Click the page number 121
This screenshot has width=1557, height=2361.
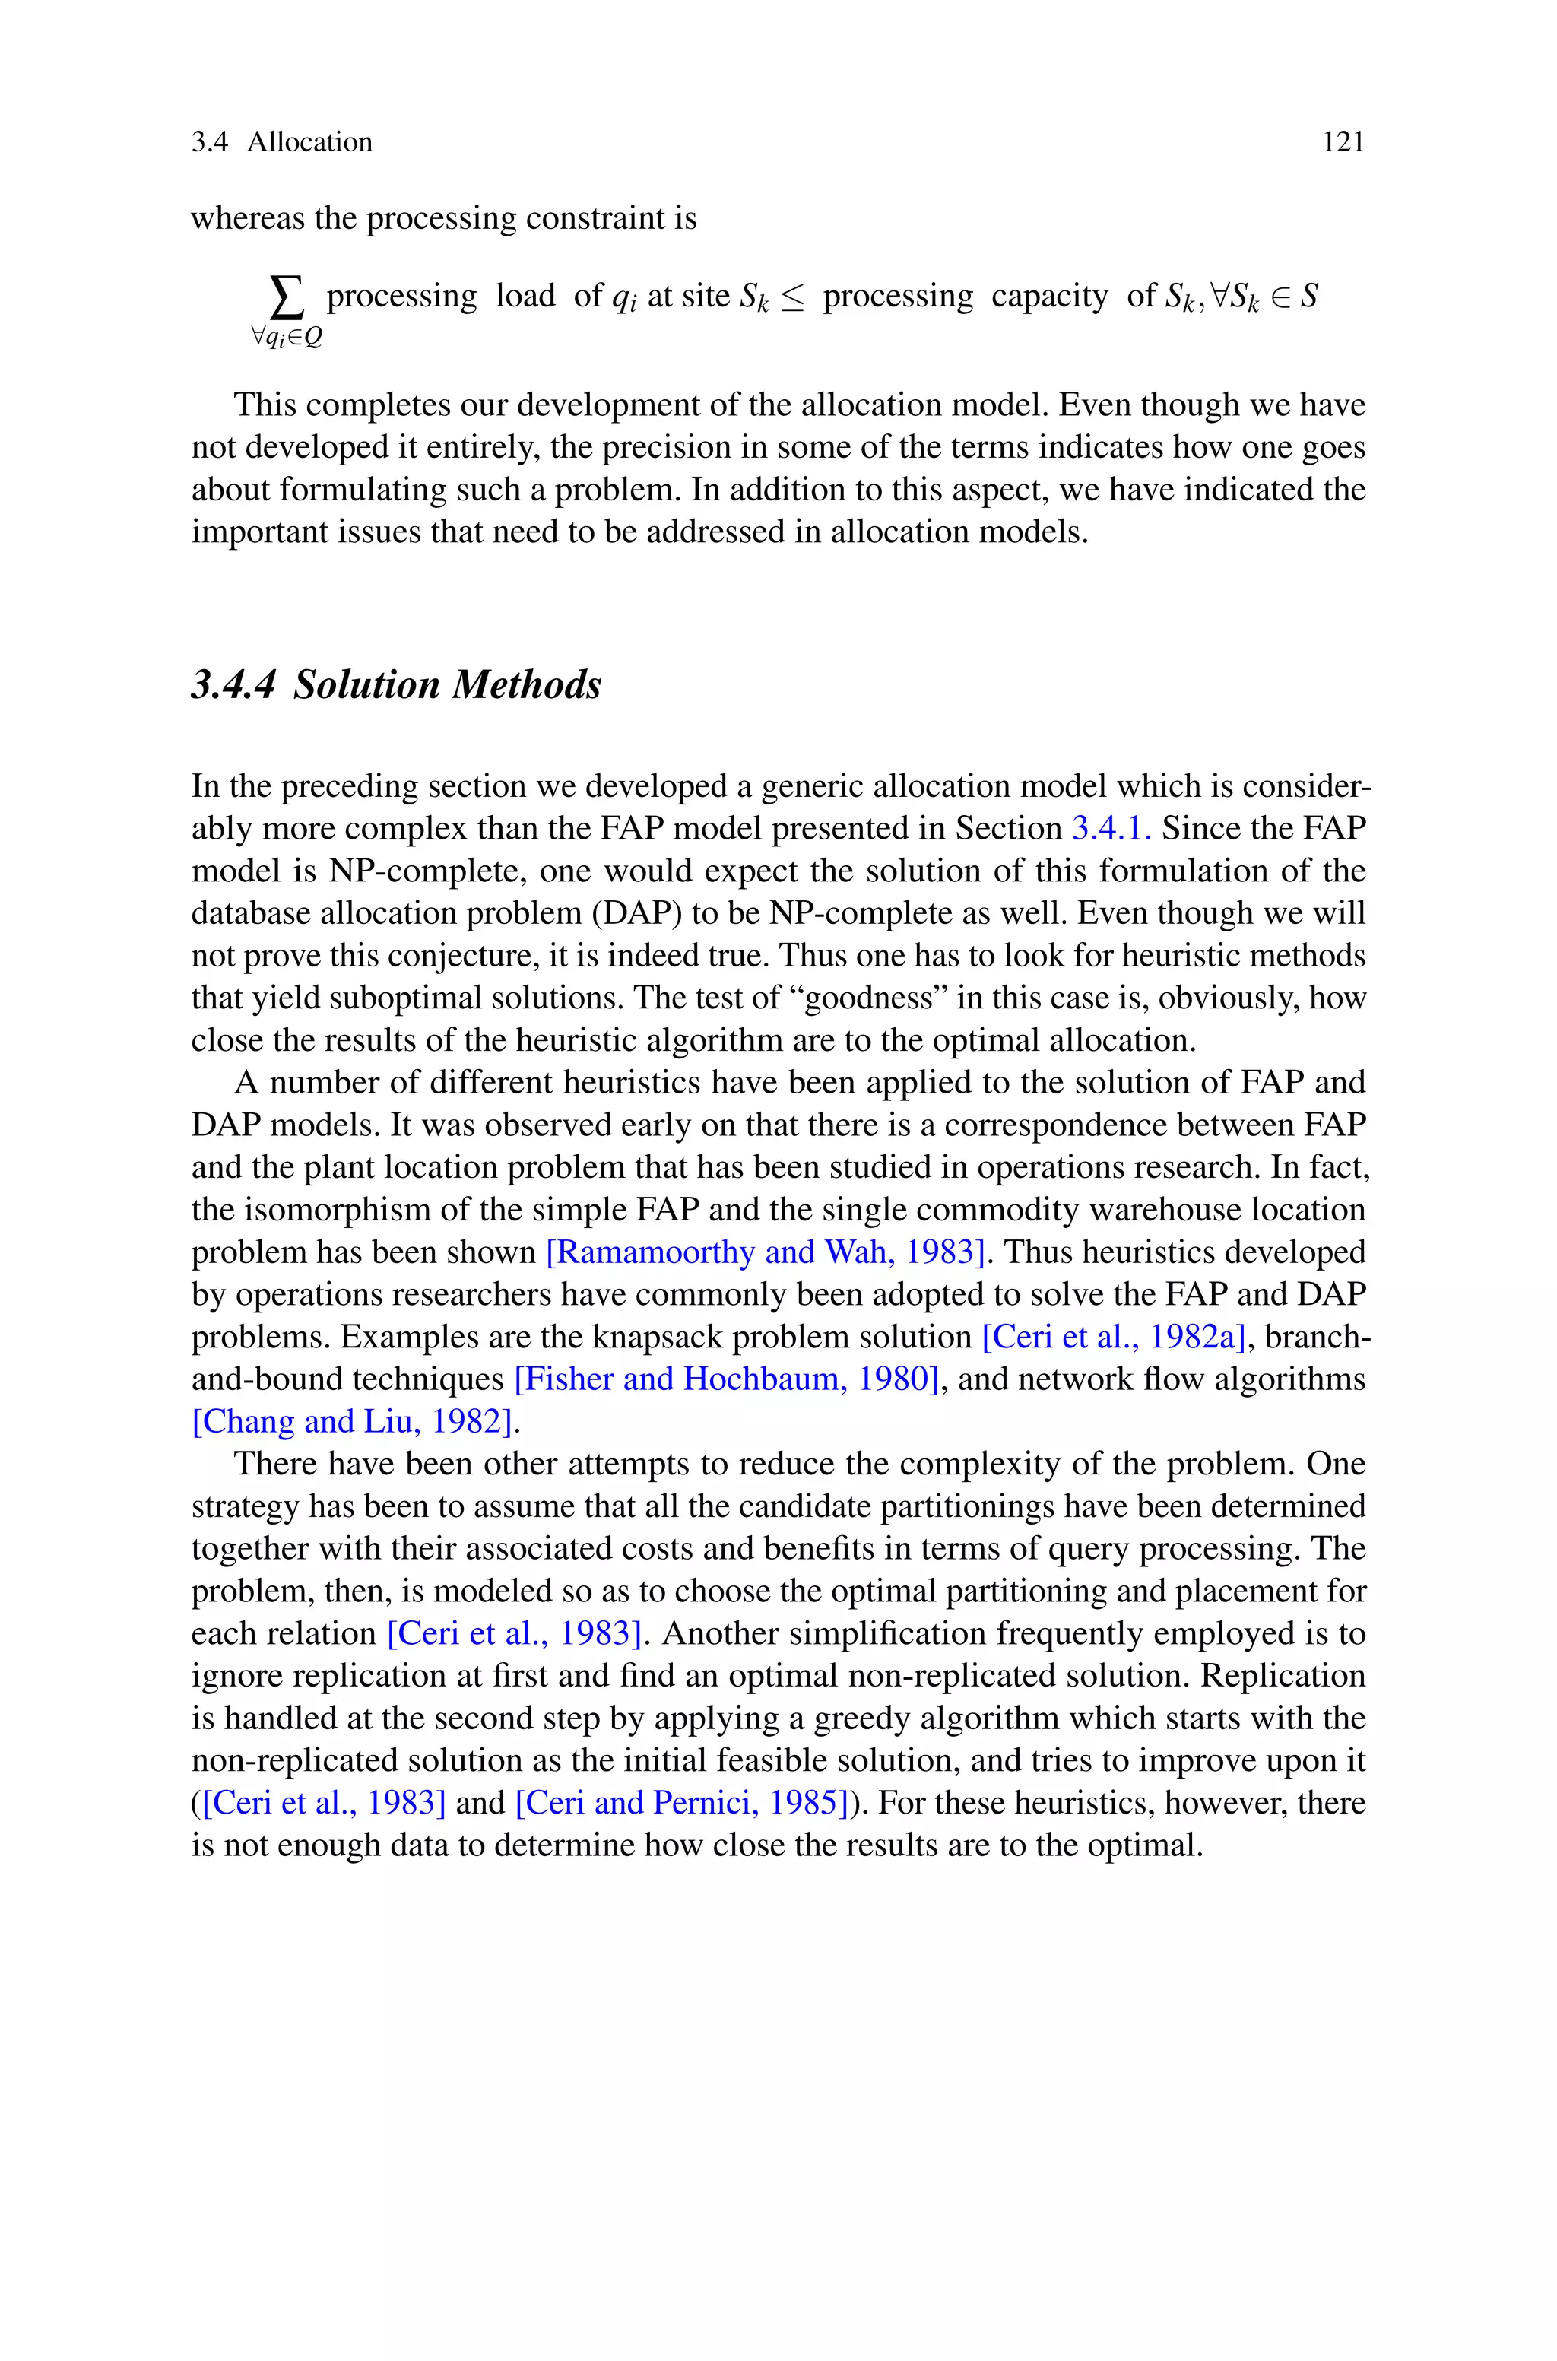pos(1343,143)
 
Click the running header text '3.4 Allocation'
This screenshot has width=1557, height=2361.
pos(282,143)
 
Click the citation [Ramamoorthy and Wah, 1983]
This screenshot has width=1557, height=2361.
pos(765,1252)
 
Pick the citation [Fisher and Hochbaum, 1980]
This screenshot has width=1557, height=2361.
pos(727,1380)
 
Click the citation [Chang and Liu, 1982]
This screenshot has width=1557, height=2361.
pos(353,1422)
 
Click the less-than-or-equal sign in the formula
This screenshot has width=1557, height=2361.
pos(791,297)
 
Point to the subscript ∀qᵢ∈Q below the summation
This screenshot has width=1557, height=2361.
pos(286,338)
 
